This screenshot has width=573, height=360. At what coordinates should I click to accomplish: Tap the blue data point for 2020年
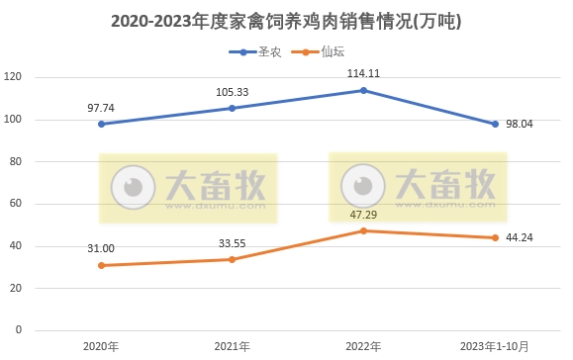(x=100, y=124)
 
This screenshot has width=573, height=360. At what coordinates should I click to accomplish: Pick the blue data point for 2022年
(x=363, y=90)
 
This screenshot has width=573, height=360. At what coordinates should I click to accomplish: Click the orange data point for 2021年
(x=232, y=259)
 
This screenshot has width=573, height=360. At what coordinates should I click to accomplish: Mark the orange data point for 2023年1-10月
(x=495, y=237)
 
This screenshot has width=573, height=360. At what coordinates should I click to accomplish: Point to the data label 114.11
(x=363, y=73)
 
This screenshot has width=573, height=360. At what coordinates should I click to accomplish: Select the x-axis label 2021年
(x=232, y=346)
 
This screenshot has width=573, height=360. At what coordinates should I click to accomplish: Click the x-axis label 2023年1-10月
(x=495, y=346)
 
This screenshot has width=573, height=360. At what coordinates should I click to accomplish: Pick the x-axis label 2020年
(x=100, y=346)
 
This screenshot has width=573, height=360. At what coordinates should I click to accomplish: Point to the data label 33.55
(x=232, y=242)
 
